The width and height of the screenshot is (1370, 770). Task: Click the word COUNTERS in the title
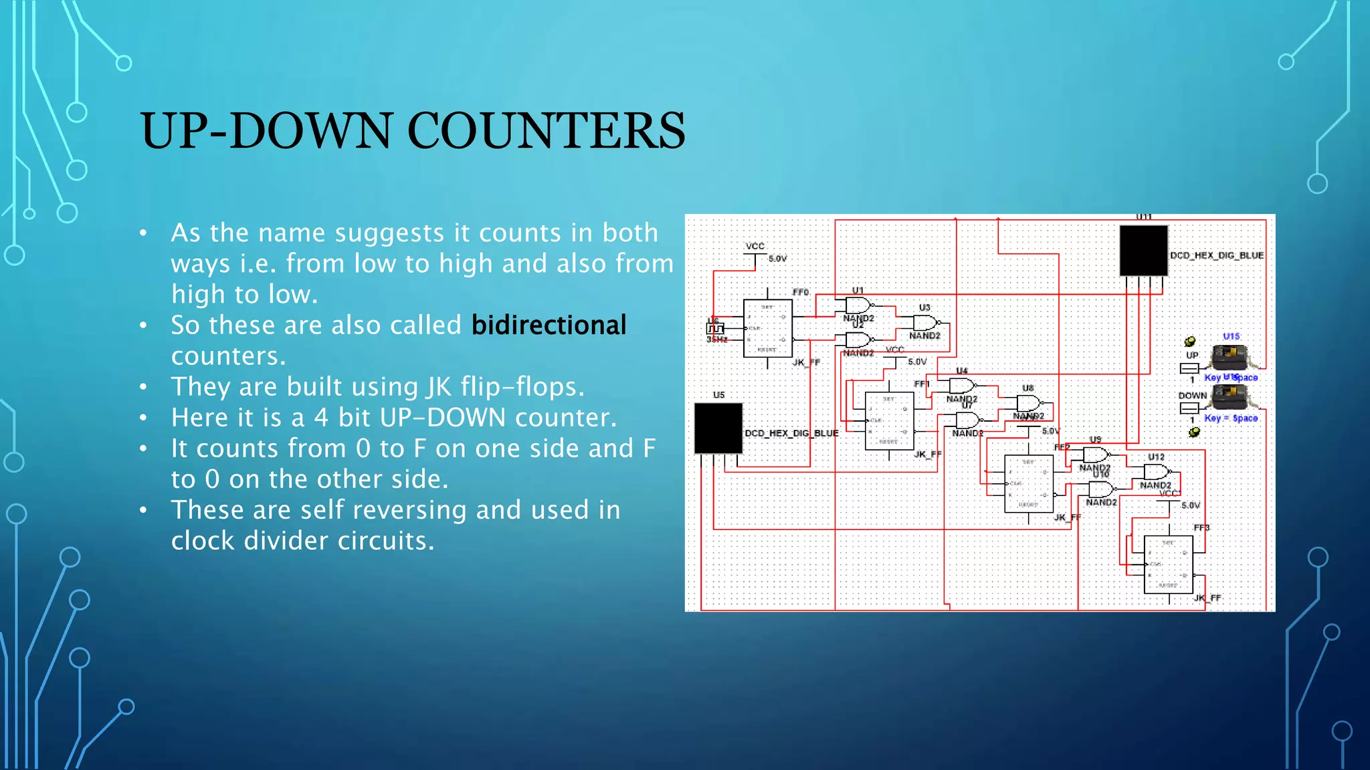pyautogui.click(x=546, y=130)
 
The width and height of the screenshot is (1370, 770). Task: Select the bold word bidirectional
pyautogui.click(x=549, y=326)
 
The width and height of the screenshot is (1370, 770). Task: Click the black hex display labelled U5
pyautogui.click(x=718, y=428)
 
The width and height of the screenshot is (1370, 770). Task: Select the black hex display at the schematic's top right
pyautogui.click(x=1143, y=251)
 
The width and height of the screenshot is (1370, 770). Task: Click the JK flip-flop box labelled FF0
pyautogui.click(x=768, y=328)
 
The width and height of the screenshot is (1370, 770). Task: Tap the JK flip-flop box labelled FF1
pyautogui.click(x=889, y=420)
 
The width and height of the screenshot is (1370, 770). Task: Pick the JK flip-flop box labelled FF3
pyautogui.click(x=1168, y=565)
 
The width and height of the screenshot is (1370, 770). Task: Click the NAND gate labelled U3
pyautogui.click(x=925, y=323)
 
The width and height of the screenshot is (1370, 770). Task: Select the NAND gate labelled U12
pyautogui.click(x=1157, y=472)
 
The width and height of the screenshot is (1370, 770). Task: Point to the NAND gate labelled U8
pyautogui.click(x=1028, y=403)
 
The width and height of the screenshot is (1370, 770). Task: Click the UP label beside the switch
pyautogui.click(x=1192, y=355)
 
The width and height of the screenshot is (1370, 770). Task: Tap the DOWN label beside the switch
pyautogui.click(x=1192, y=396)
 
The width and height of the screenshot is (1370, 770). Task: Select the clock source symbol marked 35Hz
pyautogui.click(x=715, y=329)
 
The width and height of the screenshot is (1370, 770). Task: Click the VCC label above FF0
pyautogui.click(x=755, y=246)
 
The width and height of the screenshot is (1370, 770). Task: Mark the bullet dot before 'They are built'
pyautogui.click(x=143, y=387)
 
